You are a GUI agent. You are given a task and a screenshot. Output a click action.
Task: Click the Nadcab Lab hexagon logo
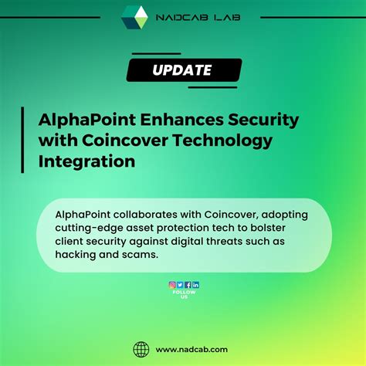coord(134,16)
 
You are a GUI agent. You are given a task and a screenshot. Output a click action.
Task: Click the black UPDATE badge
coord(183,70)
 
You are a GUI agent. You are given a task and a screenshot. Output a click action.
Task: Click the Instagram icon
coord(172,285)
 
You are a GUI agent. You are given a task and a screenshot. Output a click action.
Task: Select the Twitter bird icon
coord(180,285)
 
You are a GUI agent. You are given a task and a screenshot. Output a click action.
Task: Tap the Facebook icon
coord(188,285)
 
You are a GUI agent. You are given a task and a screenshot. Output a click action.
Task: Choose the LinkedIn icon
coord(196,285)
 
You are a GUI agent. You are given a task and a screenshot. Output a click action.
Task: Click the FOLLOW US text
coord(184,294)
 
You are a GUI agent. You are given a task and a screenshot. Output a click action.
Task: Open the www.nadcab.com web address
coord(198,349)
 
